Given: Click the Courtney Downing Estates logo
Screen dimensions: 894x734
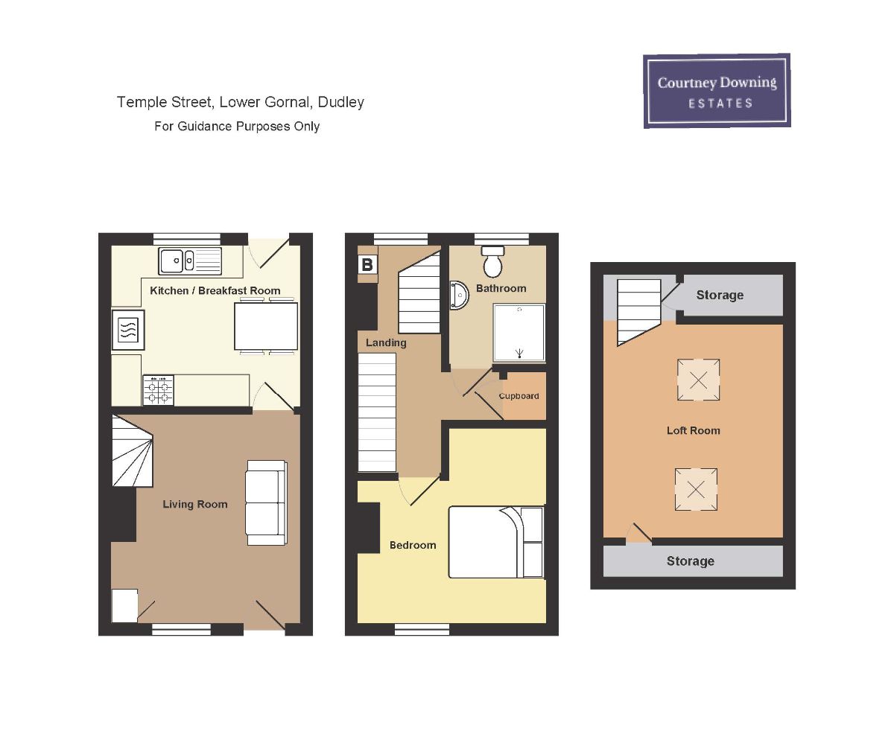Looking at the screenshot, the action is (x=717, y=91).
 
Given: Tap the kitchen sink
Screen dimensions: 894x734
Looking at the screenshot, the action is (x=190, y=261).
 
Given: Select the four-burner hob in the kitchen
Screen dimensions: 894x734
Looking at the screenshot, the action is (x=158, y=390).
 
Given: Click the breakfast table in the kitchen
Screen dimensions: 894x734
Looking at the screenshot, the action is (x=266, y=326).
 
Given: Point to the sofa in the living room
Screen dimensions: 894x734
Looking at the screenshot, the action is (x=267, y=502).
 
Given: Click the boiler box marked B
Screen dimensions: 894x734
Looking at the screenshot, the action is (x=367, y=265).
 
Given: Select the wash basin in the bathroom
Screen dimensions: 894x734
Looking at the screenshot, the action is (x=459, y=295).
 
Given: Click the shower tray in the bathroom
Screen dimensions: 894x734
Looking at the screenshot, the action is (x=519, y=332).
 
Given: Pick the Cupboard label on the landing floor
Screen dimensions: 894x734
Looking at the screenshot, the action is (x=519, y=396).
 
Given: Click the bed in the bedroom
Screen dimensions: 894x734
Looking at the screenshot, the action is (x=496, y=542).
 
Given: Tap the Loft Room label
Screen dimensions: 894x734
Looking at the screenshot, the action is (x=693, y=431).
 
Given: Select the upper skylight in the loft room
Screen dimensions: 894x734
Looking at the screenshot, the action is (x=698, y=380).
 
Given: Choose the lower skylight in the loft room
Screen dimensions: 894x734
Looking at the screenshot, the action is (x=696, y=489).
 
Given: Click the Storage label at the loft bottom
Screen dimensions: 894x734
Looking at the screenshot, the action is (x=691, y=561).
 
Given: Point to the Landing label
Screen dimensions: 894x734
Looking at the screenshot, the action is (x=386, y=342).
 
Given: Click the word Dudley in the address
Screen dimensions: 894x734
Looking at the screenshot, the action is (x=340, y=102).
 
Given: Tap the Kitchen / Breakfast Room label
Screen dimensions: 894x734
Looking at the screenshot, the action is (x=215, y=290).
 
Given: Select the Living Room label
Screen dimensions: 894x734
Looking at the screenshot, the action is (x=195, y=504).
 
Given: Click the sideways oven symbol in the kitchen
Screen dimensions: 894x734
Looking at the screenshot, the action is (x=128, y=330).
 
